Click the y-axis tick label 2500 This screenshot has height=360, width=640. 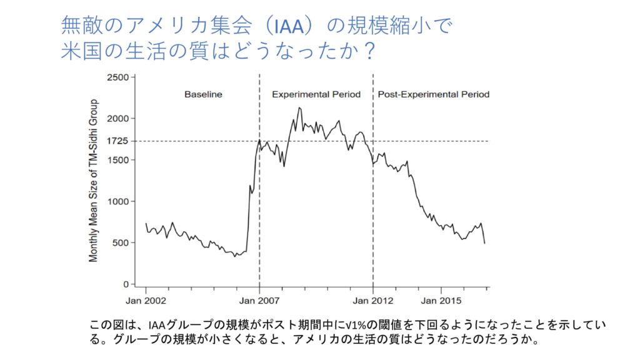pos(117,77)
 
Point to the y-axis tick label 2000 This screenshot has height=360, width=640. pos(117,119)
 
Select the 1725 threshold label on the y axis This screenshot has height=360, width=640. pos(117,141)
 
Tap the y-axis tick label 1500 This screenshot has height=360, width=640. pos(117,160)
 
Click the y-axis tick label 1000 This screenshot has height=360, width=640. pos(117,201)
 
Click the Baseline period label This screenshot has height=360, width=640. pos(203,95)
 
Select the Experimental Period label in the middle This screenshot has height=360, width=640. pos(316,95)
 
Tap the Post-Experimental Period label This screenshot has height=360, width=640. pos(433,95)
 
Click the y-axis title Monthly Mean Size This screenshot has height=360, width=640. pos(94,180)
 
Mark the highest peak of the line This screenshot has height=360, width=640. pos(299,107)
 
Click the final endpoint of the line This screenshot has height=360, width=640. pos(484,243)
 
